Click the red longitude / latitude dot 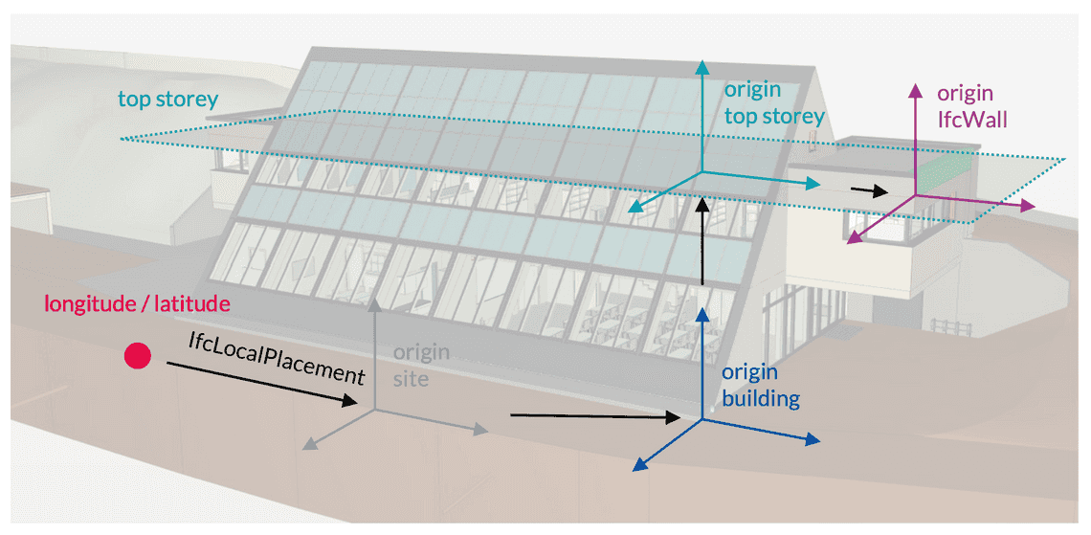(x=138, y=356)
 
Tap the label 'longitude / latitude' (x=138, y=304)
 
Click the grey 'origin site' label (x=421, y=365)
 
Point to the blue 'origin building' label (x=761, y=386)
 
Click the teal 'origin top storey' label (x=773, y=103)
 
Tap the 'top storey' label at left (x=168, y=99)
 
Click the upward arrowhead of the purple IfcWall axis (x=916, y=90)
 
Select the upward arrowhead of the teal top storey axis (x=703, y=67)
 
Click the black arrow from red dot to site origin (x=258, y=385)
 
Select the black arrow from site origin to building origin (x=593, y=416)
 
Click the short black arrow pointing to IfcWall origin (x=869, y=190)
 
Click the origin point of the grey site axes (x=374, y=410)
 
